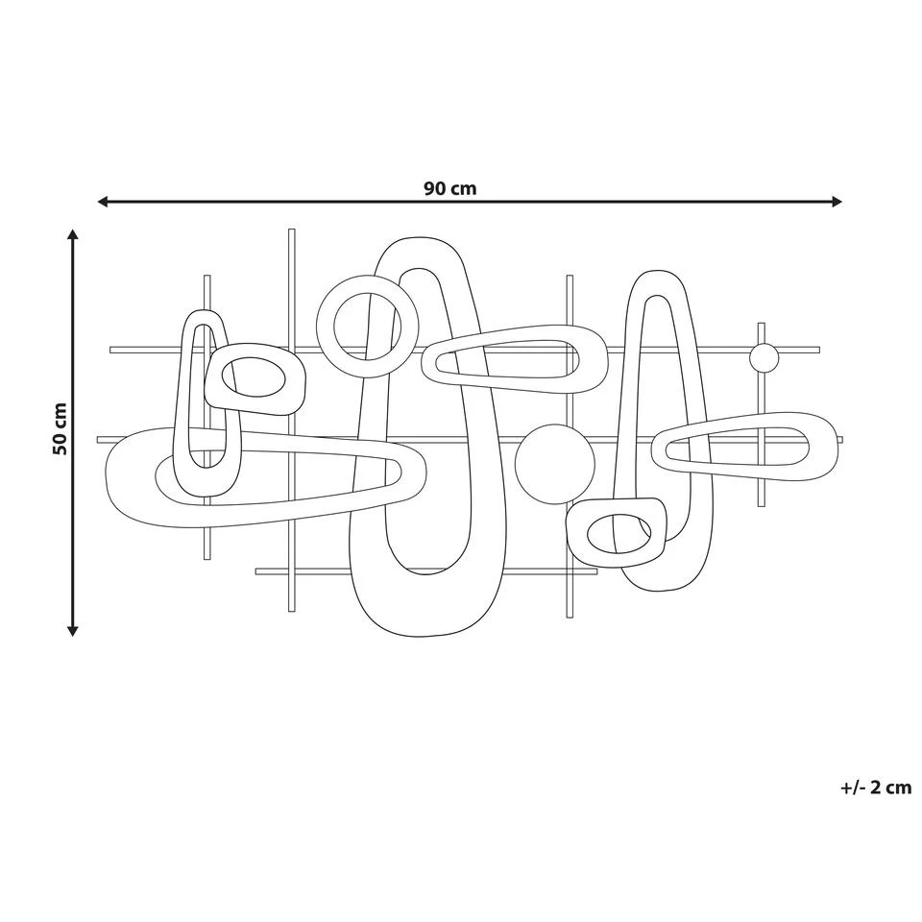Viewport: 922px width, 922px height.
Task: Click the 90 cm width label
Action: (x=449, y=189)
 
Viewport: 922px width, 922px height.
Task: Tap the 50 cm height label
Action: (x=60, y=428)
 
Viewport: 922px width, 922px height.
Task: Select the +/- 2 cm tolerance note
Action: (x=876, y=788)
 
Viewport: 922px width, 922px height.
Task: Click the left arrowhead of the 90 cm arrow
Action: (x=103, y=202)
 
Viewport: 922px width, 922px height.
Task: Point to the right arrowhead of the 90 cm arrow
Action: (x=837, y=202)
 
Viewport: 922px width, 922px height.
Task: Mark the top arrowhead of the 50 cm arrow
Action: (x=72, y=234)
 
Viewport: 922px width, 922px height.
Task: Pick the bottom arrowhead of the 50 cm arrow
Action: (x=72, y=631)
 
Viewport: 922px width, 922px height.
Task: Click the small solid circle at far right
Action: (x=764, y=357)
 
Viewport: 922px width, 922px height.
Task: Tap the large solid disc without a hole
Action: (x=554, y=464)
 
